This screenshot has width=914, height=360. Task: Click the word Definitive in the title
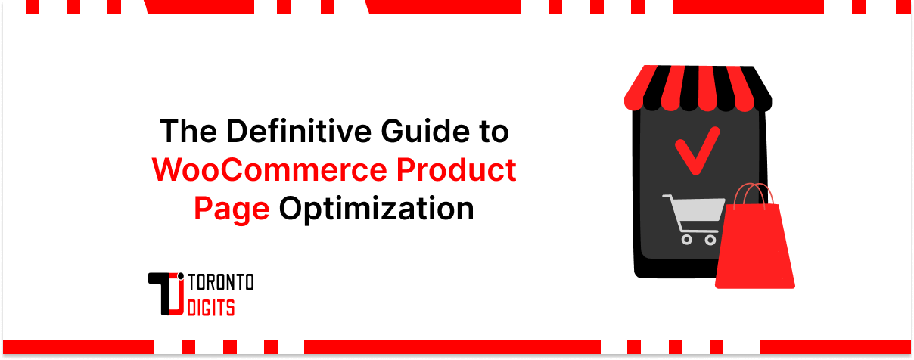coord(280,132)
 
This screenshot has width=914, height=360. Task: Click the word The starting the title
coord(185,132)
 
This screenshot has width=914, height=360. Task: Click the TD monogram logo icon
coord(168,295)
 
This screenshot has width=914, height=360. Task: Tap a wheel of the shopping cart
coord(687,240)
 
